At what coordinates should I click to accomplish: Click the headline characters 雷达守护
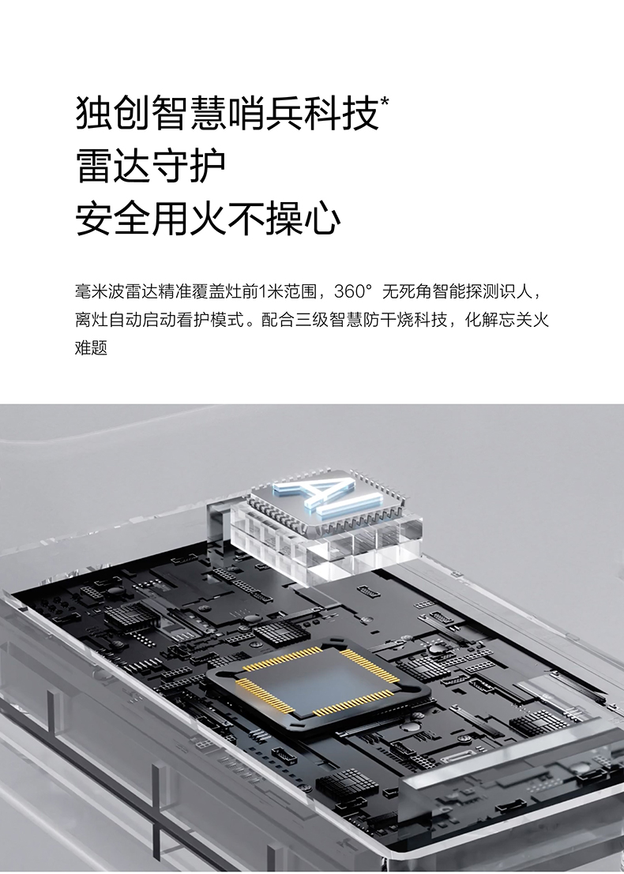[151, 166]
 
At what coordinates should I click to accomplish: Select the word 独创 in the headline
[113, 114]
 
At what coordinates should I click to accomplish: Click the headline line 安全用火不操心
[208, 218]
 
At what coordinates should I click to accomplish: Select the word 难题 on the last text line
[91, 348]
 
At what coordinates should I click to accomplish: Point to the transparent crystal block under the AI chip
[326, 542]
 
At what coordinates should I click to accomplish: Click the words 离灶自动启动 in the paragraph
[124, 320]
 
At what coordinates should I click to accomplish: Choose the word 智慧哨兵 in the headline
[227, 114]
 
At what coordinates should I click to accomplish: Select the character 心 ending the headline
[322, 218]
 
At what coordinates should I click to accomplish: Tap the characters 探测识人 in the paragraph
[499, 291]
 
